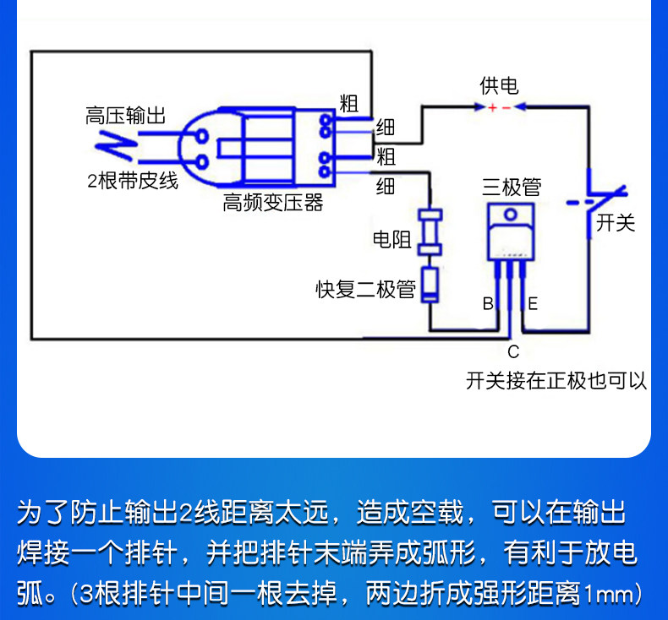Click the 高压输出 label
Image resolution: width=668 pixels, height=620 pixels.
(125, 116)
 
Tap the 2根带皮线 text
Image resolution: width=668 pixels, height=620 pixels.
(133, 181)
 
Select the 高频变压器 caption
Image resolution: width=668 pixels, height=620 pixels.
(273, 202)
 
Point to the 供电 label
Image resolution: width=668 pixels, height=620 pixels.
(499, 85)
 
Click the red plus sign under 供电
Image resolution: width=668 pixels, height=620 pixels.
(492, 107)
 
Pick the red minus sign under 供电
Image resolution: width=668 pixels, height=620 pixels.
(506, 108)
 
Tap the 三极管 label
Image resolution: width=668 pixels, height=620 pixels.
(512, 187)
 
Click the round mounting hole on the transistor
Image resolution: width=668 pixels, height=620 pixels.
(511, 214)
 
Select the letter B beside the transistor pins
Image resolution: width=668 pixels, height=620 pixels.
(488, 303)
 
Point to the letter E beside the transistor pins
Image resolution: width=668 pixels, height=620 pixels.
(533, 304)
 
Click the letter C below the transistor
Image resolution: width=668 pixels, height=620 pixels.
(513, 352)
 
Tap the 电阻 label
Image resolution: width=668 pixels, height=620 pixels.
(392, 239)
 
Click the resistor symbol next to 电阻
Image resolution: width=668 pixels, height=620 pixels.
(430, 232)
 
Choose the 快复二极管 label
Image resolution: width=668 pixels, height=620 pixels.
(365, 290)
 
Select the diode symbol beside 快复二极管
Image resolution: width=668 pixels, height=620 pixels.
(430, 285)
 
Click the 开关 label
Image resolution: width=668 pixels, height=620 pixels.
(616, 222)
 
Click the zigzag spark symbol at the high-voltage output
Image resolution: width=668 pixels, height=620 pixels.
(115, 146)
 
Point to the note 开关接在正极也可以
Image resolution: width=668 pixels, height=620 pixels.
(556, 380)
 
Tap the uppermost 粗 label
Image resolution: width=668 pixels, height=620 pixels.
(348, 103)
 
